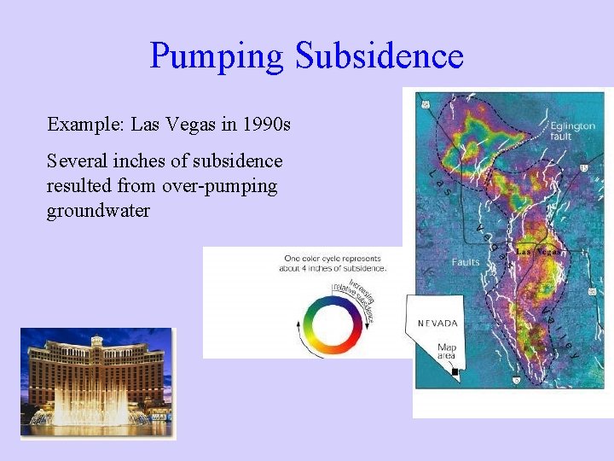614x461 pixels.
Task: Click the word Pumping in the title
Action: (217, 56)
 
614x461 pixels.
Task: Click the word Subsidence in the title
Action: (379, 56)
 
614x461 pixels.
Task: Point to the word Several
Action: (75, 161)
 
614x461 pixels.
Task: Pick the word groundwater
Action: (98, 211)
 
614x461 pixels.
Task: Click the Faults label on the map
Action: (466, 262)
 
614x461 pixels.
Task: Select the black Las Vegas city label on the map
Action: (538, 252)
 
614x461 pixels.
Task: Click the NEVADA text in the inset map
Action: (437, 324)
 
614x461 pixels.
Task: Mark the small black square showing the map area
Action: (455, 372)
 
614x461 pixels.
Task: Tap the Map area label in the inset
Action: (447, 353)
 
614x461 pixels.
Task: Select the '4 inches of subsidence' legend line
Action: (333, 268)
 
